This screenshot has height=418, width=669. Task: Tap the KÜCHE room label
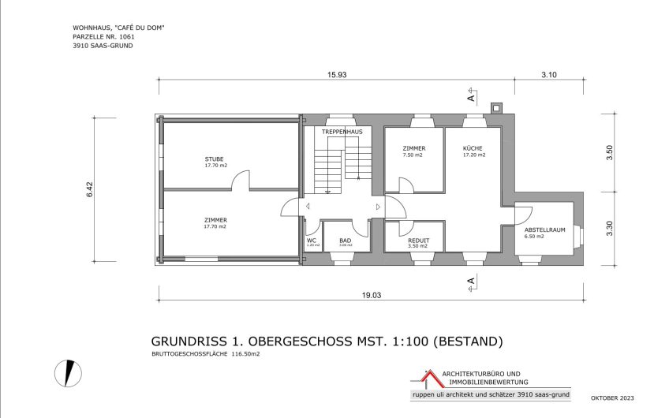[473, 148]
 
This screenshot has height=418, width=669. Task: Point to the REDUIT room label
[417, 241]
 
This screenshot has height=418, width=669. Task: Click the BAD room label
[345, 241]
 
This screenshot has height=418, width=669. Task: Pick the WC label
[312, 240]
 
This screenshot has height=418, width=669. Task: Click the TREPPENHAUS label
[342, 132]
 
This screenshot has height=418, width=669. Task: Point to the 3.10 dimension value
[549, 74]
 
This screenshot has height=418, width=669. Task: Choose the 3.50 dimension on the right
[608, 152]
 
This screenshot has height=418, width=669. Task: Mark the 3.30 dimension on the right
[608, 229]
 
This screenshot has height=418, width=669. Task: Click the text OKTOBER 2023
[610, 398]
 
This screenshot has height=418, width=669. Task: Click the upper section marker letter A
[471, 98]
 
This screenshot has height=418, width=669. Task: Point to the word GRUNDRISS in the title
[186, 341]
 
